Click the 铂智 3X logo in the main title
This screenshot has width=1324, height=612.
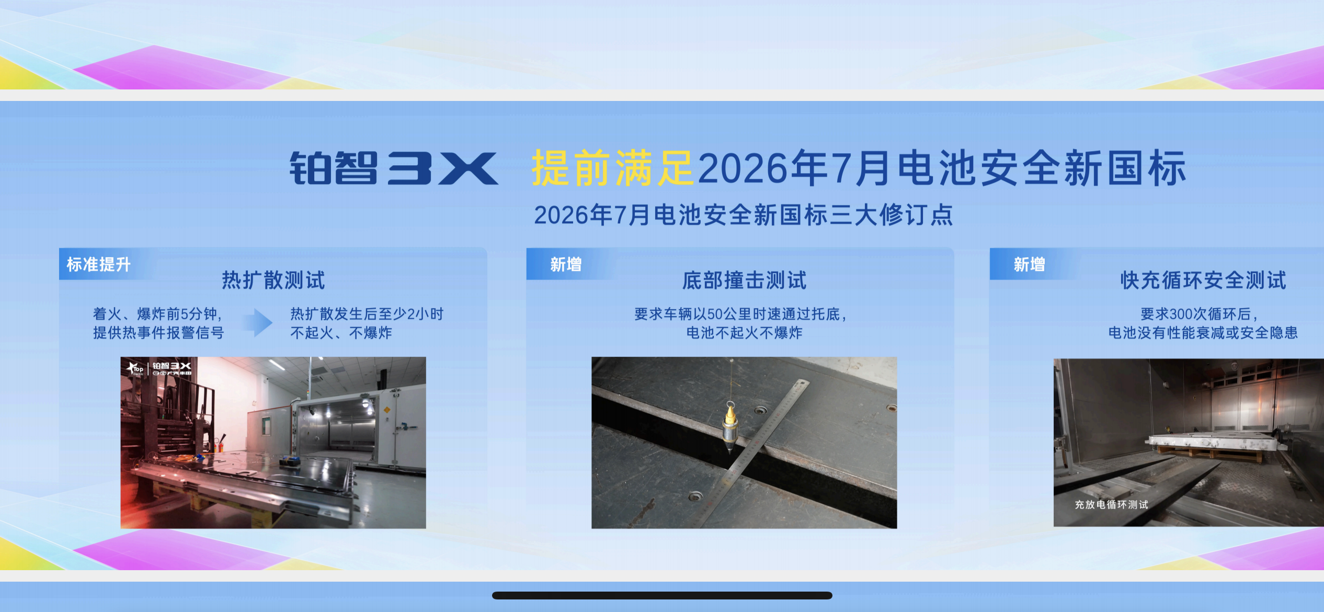tap(394, 168)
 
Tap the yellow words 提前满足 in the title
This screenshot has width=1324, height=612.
tap(613, 168)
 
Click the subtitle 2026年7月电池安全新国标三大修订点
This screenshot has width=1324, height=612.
tap(744, 215)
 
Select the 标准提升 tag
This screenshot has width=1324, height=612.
tap(99, 264)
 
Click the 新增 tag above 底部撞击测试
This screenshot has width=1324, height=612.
tap(566, 264)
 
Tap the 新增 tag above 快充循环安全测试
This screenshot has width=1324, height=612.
tap(1030, 264)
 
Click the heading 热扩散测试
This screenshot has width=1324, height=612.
tap(273, 280)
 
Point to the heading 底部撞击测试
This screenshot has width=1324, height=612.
tap(744, 280)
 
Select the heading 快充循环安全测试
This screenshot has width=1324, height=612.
tap(1203, 280)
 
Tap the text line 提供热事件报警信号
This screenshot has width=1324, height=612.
tap(158, 333)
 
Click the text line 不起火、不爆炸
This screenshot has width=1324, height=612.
tap(341, 333)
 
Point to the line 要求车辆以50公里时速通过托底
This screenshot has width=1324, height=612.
tap(740, 314)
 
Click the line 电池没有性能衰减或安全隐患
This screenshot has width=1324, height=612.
tap(1203, 333)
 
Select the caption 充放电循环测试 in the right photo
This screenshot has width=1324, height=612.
tap(1111, 504)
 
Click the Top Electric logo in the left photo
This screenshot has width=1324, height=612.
tap(135, 369)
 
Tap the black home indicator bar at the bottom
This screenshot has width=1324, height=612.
tap(662, 595)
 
